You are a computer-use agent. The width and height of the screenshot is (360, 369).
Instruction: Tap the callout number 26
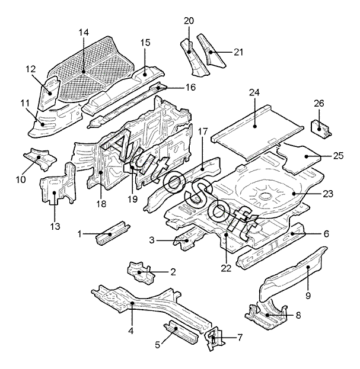click(319, 103)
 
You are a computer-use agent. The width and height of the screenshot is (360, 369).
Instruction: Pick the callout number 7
click(240, 338)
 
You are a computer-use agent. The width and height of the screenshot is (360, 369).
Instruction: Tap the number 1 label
click(79, 235)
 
